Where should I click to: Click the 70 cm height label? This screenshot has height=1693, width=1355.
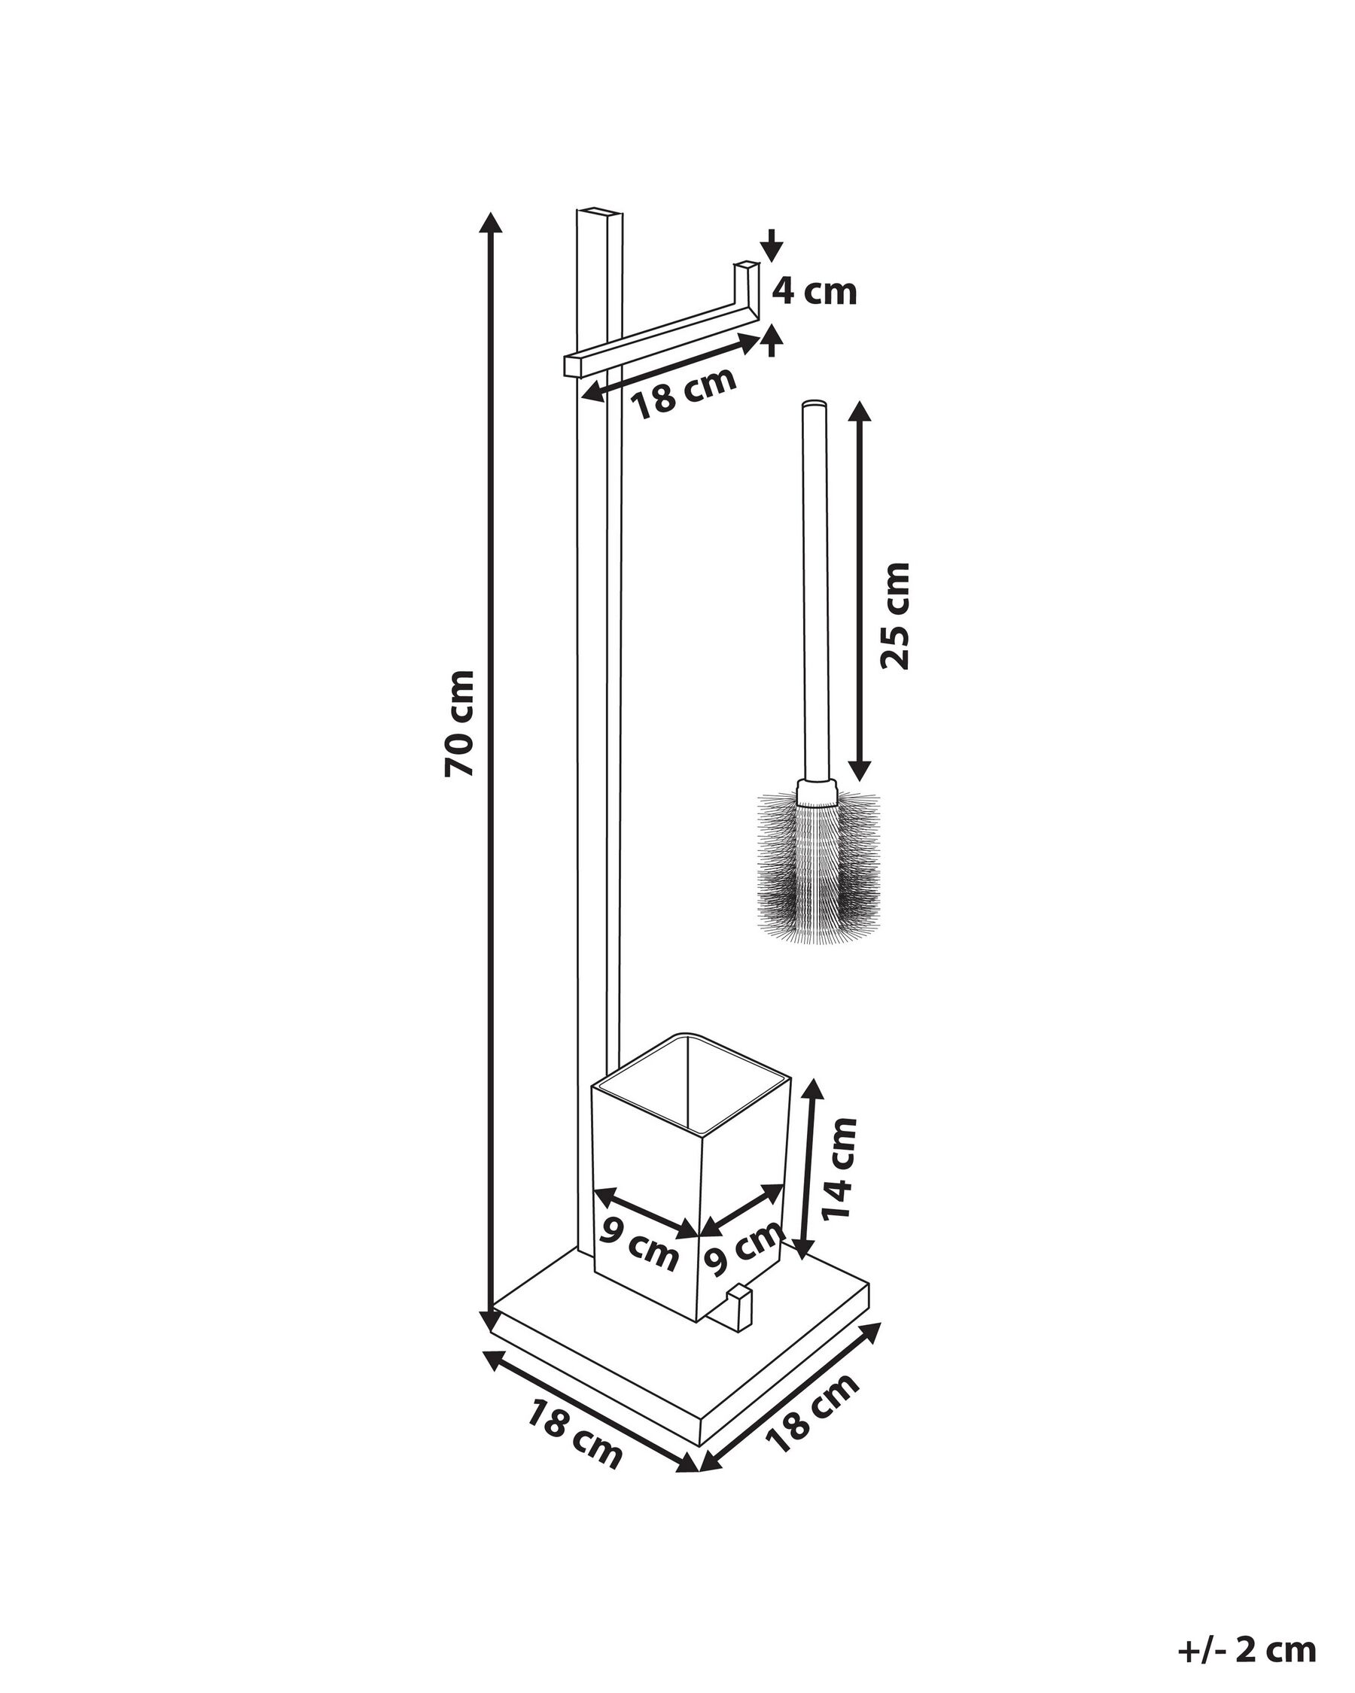[459, 722]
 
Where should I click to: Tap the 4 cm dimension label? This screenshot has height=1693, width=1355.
[813, 292]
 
